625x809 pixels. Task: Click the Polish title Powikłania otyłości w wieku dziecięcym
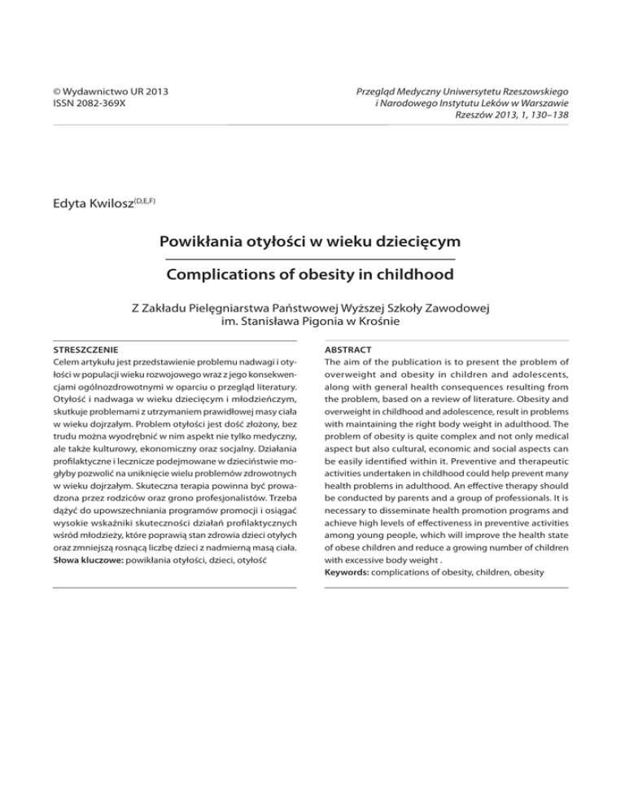pyautogui.click(x=312, y=242)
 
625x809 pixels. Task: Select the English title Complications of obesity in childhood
pyautogui.click(x=312, y=275)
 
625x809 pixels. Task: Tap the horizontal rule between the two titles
pyautogui.click(x=312, y=259)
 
